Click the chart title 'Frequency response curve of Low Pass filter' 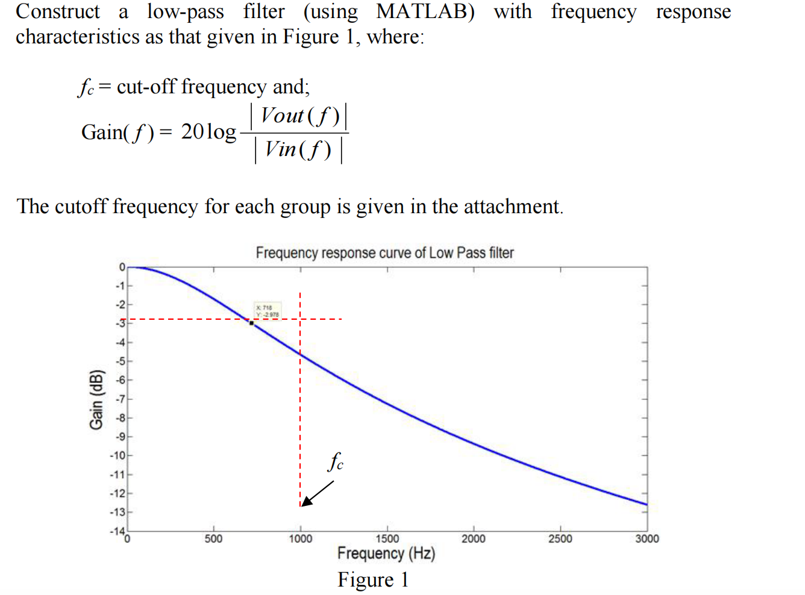click(384, 253)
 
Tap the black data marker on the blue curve click(251, 323)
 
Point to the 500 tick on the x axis click(213, 538)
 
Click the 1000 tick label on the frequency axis click(300, 538)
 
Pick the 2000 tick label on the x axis click(473, 538)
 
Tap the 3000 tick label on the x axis click(647, 538)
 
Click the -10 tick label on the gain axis click(117, 455)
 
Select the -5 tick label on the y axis click(120, 361)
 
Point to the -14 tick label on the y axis click(117, 531)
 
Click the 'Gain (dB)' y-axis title click(96, 399)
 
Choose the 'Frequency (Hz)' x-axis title click(386, 553)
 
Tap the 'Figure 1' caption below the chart click(373, 579)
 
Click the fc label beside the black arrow click(336, 462)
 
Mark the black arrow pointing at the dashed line click(317, 493)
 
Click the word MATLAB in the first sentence click(425, 11)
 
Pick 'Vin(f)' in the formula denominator click(298, 149)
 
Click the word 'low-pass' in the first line click(185, 11)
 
